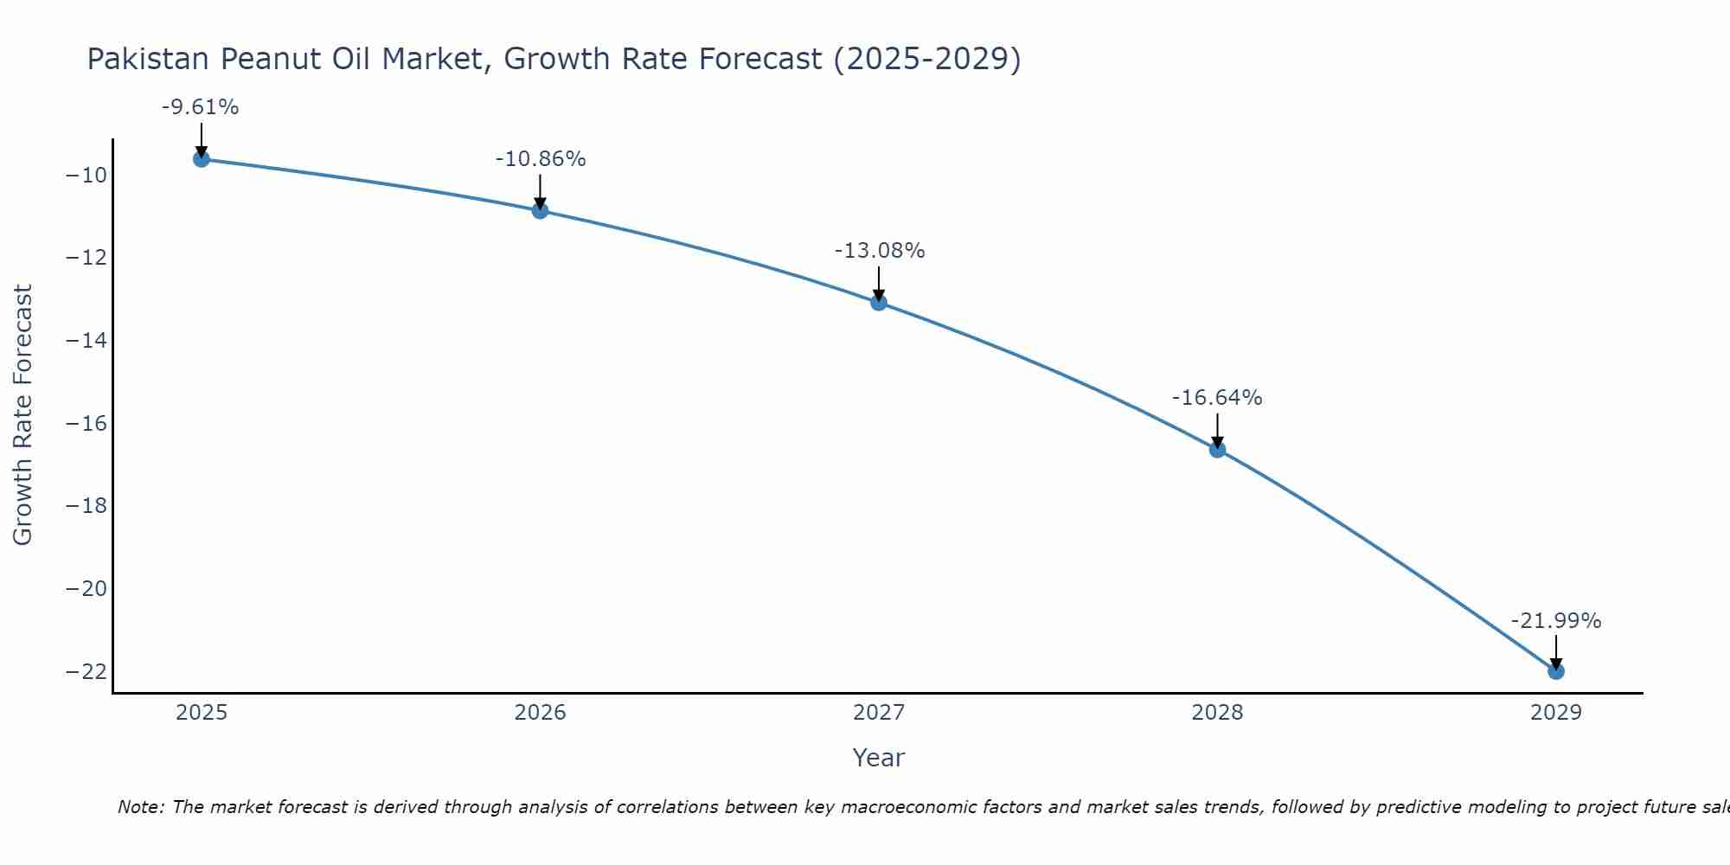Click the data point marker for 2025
pyautogui.click(x=202, y=159)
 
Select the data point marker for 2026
pyautogui.click(x=540, y=210)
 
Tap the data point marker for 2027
pyautogui.click(x=879, y=302)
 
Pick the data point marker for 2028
pyautogui.click(x=1217, y=450)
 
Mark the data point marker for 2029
pyautogui.click(x=1556, y=671)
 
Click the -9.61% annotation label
pyautogui.click(x=200, y=107)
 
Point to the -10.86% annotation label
pyautogui.click(x=541, y=159)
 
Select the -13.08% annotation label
pyautogui.click(x=880, y=251)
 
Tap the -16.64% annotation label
pyautogui.click(x=1217, y=398)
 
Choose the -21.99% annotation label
pyautogui.click(x=1556, y=621)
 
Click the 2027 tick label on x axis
pyautogui.click(x=879, y=713)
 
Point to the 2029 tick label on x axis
pyautogui.click(x=1556, y=713)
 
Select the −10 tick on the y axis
pyautogui.click(x=86, y=176)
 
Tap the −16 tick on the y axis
pyautogui.click(x=86, y=424)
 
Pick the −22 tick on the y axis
pyautogui.click(x=86, y=672)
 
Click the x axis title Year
pyautogui.click(x=879, y=758)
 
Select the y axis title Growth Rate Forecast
pyautogui.click(x=22, y=415)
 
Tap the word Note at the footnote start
pyautogui.click(x=140, y=807)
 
